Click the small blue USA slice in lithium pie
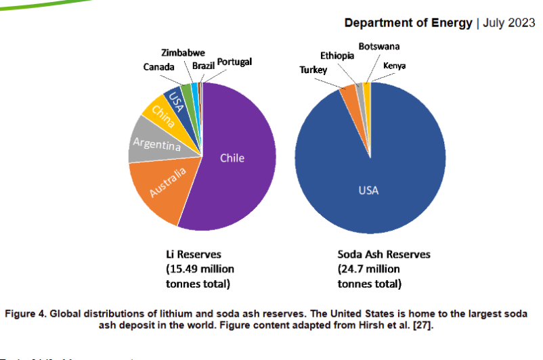tap(177, 102)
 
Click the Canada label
tap(158, 67)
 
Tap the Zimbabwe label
tap(183, 53)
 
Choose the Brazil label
tap(203, 66)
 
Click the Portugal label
tap(234, 62)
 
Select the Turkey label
tap(313, 70)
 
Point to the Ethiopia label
tap(336, 56)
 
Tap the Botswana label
tap(378, 46)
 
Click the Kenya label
tap(395, 66)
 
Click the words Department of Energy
tap(408, 23)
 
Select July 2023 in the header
tap(508, 23)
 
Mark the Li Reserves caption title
tap(194, 254)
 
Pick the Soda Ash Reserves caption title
tap(384, 254)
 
